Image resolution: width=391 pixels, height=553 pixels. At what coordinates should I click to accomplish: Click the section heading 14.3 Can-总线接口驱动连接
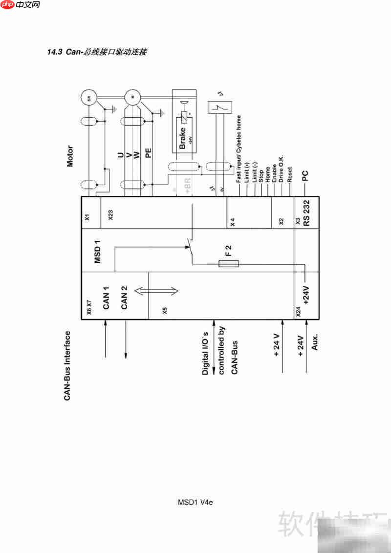point(96,52)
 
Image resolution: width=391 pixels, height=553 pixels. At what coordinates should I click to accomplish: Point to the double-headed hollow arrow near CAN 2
point(156,291)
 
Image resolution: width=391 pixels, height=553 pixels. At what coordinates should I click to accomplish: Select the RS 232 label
point(307,214)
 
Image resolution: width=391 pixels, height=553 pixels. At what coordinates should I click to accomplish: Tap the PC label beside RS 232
point(305,176)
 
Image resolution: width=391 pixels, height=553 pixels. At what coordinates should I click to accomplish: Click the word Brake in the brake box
point(182,139)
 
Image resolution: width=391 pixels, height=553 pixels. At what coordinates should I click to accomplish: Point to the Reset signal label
point(290,175)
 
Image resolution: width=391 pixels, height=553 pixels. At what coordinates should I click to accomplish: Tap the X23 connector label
point(111,215)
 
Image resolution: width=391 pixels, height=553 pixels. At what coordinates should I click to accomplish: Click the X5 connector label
point(165,310)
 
